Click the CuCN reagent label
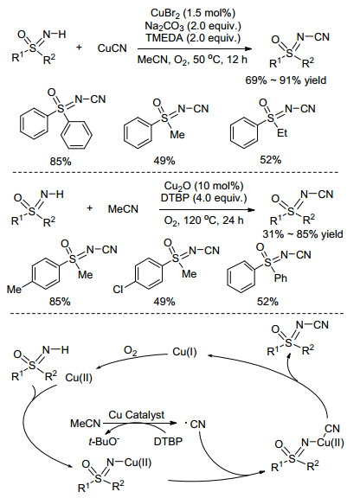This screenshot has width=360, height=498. (x=112, y=48)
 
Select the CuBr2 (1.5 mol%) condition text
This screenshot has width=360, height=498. (x=193, y=13)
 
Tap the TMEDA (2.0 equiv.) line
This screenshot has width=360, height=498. (x=193, y=38)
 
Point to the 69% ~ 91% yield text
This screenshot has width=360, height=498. (x=286, y=80)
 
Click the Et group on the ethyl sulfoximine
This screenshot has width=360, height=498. (x=282, y=133)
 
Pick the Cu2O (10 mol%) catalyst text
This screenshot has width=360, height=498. (x=203, y=186)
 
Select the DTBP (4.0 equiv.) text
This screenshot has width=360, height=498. (x=203, y=198)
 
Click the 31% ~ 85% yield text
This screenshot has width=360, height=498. (x=302, y=234)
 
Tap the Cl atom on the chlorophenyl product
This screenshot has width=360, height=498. (x=118, y=290)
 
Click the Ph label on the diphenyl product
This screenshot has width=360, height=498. (x=280, y=278)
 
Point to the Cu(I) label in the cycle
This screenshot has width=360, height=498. (x=184, y=352)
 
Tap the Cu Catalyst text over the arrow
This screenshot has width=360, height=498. (x=137, y=414)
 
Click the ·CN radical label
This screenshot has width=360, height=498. (x=196, y=424)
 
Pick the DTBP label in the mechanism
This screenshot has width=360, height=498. (x=168, y=442)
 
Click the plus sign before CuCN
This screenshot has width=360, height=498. (x=79, y=48)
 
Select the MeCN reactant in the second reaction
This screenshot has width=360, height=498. (x=123, y=209)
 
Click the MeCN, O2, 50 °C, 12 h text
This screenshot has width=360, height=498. (x=192, y=60)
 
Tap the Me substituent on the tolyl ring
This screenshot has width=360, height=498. (x=15, y=289)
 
